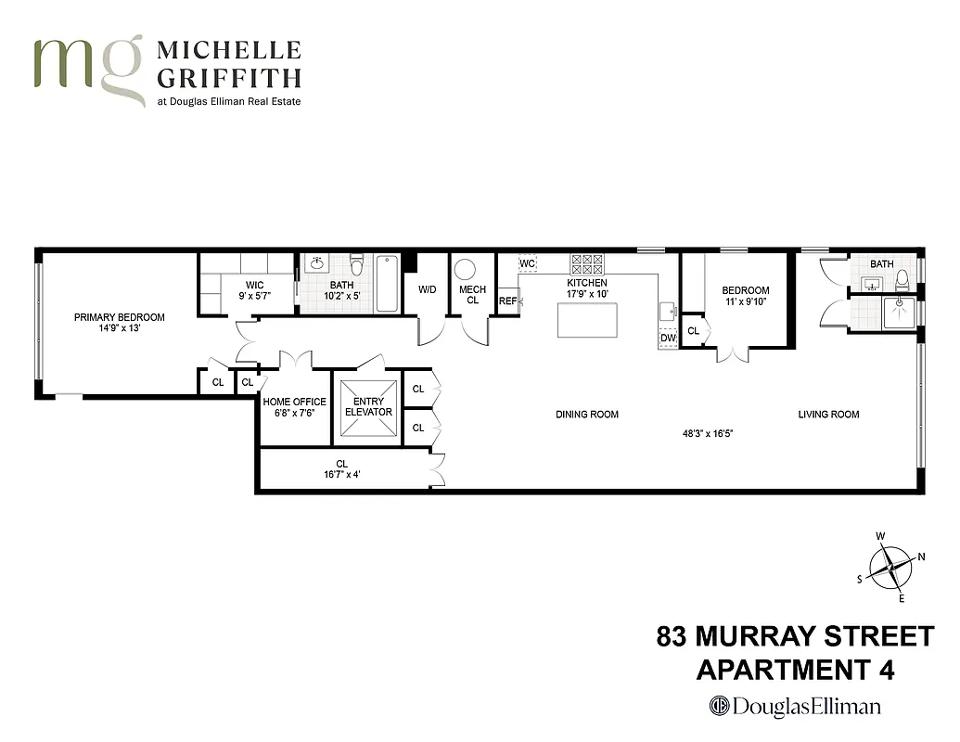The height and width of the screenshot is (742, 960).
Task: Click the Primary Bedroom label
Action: [x=119, y=317]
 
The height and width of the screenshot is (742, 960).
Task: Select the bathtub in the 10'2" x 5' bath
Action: [x=388, y=283]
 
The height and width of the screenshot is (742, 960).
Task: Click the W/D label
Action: [x=427, y=289]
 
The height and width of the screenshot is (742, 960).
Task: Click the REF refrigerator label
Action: [x=507, y=301]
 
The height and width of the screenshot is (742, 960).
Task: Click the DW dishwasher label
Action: [x=668, y=339]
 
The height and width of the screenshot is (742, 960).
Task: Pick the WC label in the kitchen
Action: [x=528, y=263]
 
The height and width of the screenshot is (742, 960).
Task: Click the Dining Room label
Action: [x=586, y=415]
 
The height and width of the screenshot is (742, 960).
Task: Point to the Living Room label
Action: [x=828, y=415]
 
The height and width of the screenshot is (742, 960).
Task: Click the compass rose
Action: [x=890, y=566]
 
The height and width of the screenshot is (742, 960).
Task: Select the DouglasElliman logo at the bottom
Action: [x=795, y=706]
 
